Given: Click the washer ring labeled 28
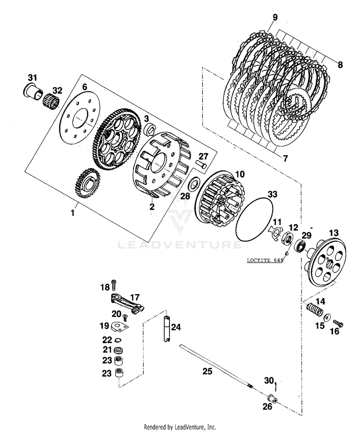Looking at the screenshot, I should click(195, 184).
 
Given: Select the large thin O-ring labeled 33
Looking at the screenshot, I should click(255, 221).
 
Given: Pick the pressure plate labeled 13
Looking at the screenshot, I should click(326, 260).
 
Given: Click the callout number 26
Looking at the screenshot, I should click(267, 407).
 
